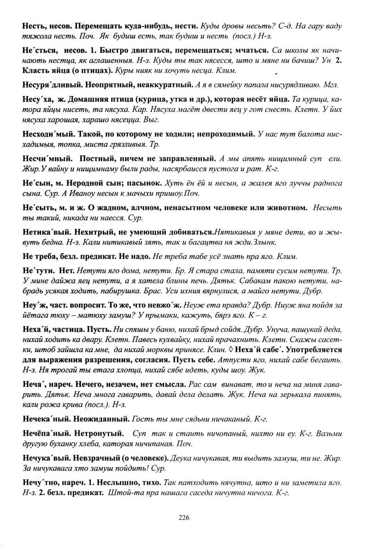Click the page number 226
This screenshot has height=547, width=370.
pyautogui.click(x=184, y=518)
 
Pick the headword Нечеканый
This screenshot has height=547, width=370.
pyautogui.click(x=46, y=418)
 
